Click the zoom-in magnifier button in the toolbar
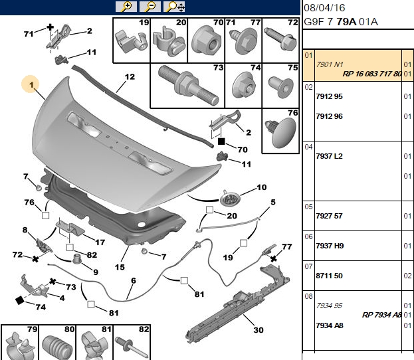tap(126, 7)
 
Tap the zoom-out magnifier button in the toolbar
tap(150, 7)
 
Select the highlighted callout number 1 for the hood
tap(31, 85)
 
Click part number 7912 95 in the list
tap(329, 96)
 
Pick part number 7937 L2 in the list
tap(329, 156)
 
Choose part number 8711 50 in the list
tap(329, 276)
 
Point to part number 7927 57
tap(329, 216)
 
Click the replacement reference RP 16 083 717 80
tap(371, 74)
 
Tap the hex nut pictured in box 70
tap(206, 43)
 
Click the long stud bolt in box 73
tap(189, 85)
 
